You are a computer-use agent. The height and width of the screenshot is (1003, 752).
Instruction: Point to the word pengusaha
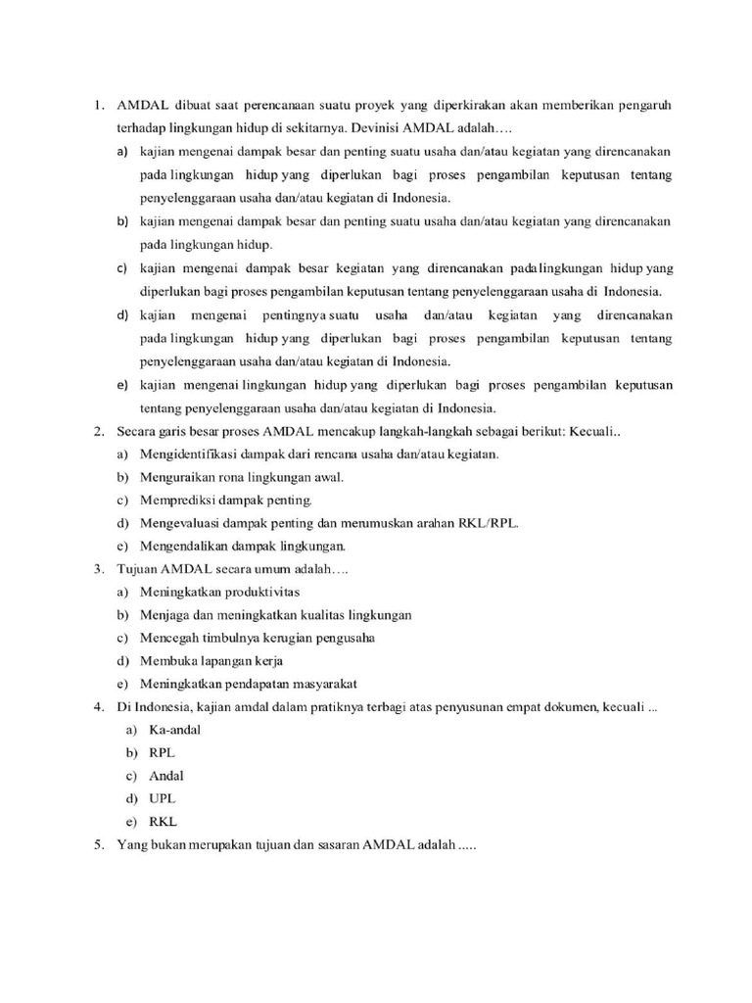[x=347, y=638]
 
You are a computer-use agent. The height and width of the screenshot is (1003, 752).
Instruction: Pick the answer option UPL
[x=164, y=799]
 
